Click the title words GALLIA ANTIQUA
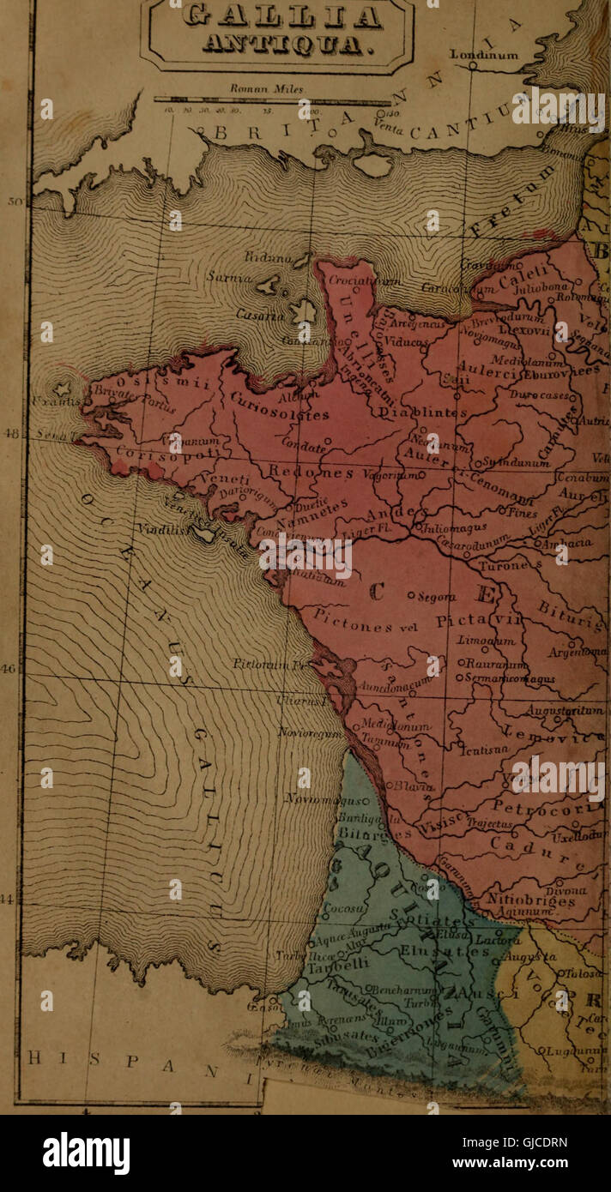pos(277,28)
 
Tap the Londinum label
pos(484,55)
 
